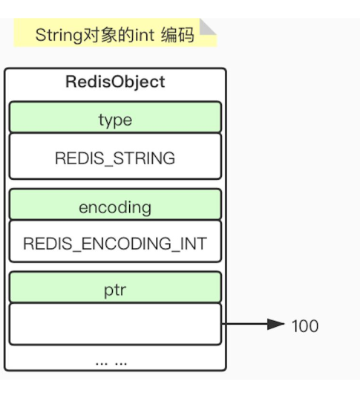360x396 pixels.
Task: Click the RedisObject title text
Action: [x=115, y=82]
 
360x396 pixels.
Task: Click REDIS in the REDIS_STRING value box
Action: [x=76, y=158]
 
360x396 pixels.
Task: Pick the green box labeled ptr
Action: [x=115, y=288]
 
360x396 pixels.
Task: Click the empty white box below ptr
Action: [x=115, y=324]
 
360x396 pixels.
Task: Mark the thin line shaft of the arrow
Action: [x=245, y=325]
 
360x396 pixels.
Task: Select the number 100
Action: [x=304, y=325]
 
